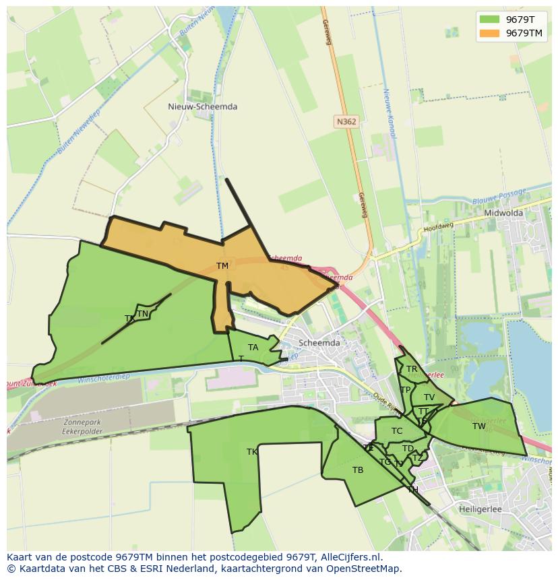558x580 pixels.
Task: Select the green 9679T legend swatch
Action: [x=490, y=20]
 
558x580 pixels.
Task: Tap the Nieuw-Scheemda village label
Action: [x=202, y=106]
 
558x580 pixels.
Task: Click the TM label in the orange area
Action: [x=222, y=266]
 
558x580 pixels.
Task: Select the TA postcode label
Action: [x=253, y=348]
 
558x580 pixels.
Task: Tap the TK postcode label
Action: [x=252, y=452]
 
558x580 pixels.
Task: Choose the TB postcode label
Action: [x=358, y=470]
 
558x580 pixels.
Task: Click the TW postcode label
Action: [x=478, y=426]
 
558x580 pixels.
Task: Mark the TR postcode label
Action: [x=411, y=369]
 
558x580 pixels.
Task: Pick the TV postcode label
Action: [x=429, y=397]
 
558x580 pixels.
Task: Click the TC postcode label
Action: [x=397, y=431]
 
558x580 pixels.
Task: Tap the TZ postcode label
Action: [x=418, y=459]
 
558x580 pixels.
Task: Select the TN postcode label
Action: [x=142, y=314]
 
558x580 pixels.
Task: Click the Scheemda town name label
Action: [x=319, y=342]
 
